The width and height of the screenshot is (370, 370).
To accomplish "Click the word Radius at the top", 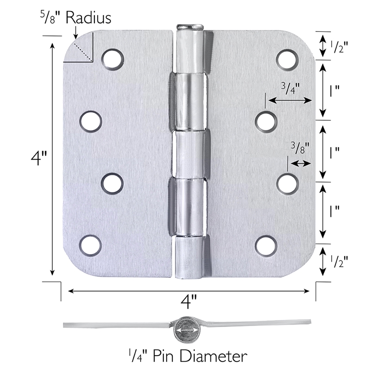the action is [x=88, y=18].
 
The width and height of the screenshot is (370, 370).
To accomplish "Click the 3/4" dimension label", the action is [x=290, y=88].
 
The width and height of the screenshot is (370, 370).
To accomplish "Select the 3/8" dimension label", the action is [x=300, y=148].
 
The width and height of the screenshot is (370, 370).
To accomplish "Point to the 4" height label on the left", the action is [x=39, y=158].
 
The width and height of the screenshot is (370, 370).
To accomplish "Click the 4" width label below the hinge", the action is [x=189, y=302].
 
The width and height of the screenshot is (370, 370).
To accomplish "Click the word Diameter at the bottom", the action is [x=214, y=356].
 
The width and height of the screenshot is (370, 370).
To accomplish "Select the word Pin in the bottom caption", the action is [x=165, y=356].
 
